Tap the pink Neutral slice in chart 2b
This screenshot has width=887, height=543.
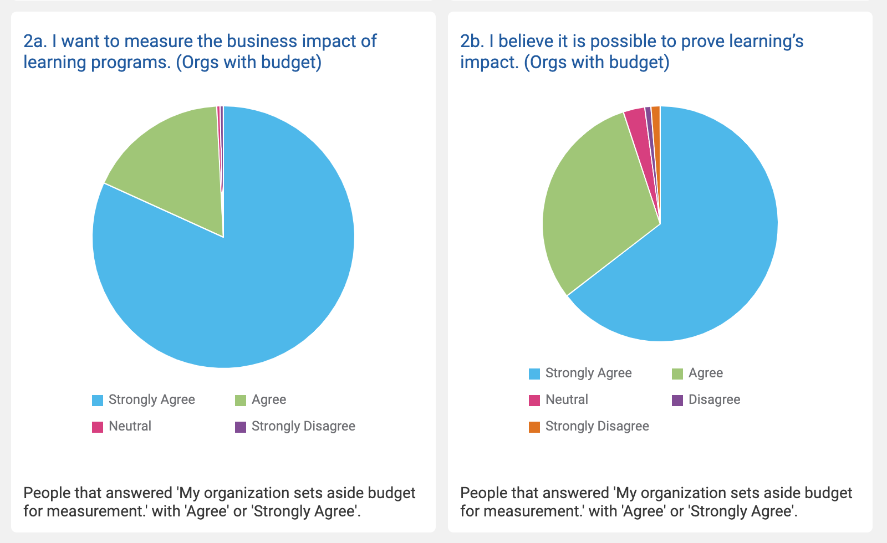coord(638,127)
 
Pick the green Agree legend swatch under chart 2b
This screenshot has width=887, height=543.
coord(677,374)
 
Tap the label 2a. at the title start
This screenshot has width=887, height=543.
coord(35,42)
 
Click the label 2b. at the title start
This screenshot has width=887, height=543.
coord(472,42)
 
